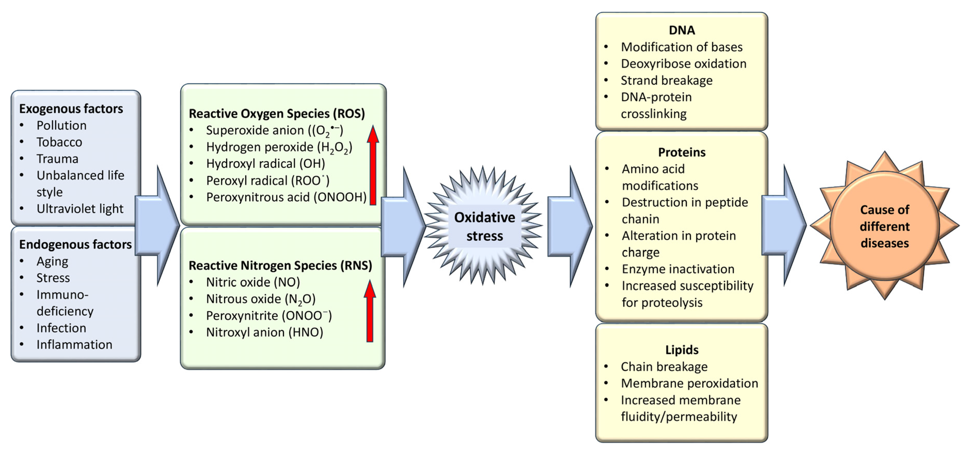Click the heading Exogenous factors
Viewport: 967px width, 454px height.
(71, 109)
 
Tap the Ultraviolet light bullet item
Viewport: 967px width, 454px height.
(80, 209)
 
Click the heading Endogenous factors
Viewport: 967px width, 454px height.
(75, 245)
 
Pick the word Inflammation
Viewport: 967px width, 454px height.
(74, 345)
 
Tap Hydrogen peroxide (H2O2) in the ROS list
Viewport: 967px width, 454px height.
(279, 147)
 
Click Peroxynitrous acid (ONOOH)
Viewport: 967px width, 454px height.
(286, 197)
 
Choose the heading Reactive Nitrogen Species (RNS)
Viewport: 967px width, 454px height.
(280, 265)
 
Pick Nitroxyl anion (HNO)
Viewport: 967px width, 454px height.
(264, 332)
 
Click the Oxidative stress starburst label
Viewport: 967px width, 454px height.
(484, 226)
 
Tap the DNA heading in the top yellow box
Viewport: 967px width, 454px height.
(682, 30)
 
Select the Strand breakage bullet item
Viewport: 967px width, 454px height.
(666, 80)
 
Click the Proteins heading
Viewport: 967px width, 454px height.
(682, 152)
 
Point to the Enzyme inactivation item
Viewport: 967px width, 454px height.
(678, 269)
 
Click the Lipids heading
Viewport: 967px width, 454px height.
(682, 350)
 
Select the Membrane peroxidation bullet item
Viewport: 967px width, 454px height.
(689, 383)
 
